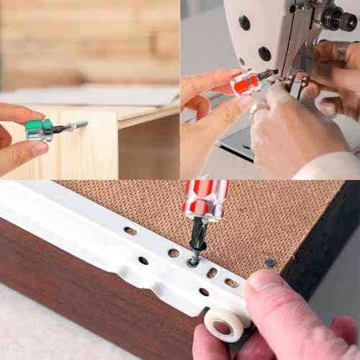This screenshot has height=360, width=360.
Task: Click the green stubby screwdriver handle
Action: (x=37, y=130)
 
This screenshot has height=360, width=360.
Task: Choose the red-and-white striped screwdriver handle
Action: (x=206, y=199)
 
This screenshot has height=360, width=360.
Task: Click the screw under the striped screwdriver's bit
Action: (x=194, y=261)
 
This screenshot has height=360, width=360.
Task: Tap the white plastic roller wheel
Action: (x=224, y=325)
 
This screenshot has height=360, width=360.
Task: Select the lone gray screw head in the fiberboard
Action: (x=269, y=264)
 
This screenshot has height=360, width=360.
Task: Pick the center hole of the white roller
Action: (x=222, y=328)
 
